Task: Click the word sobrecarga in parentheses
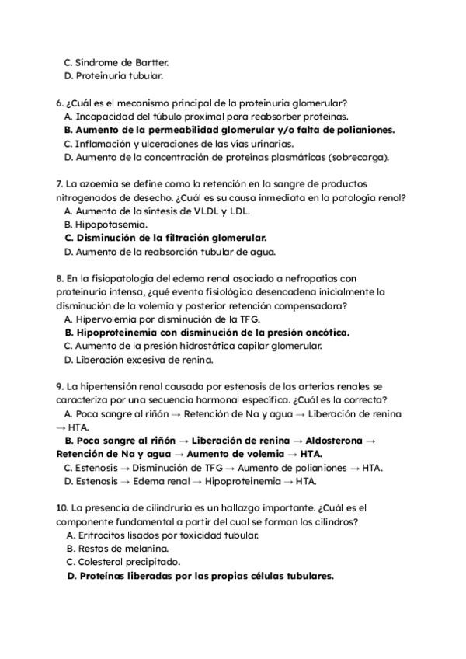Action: pyautogui.click(x=356, y=157)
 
